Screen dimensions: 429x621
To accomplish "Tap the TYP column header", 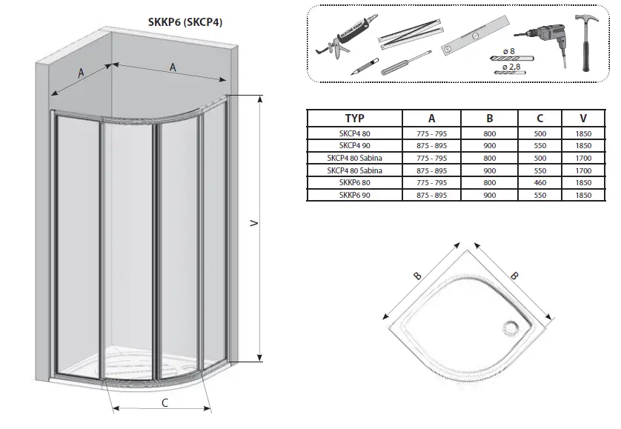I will [x=354, y=118].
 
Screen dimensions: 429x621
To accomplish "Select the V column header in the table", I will [x=584, y=118].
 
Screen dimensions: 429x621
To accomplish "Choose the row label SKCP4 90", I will [x=354, y=144].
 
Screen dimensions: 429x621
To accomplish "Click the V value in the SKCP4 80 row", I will [x=584, y=132].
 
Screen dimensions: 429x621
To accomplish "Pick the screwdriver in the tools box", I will [x=406, y=63].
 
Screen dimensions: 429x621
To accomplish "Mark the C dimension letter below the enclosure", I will [x=165, y=403].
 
